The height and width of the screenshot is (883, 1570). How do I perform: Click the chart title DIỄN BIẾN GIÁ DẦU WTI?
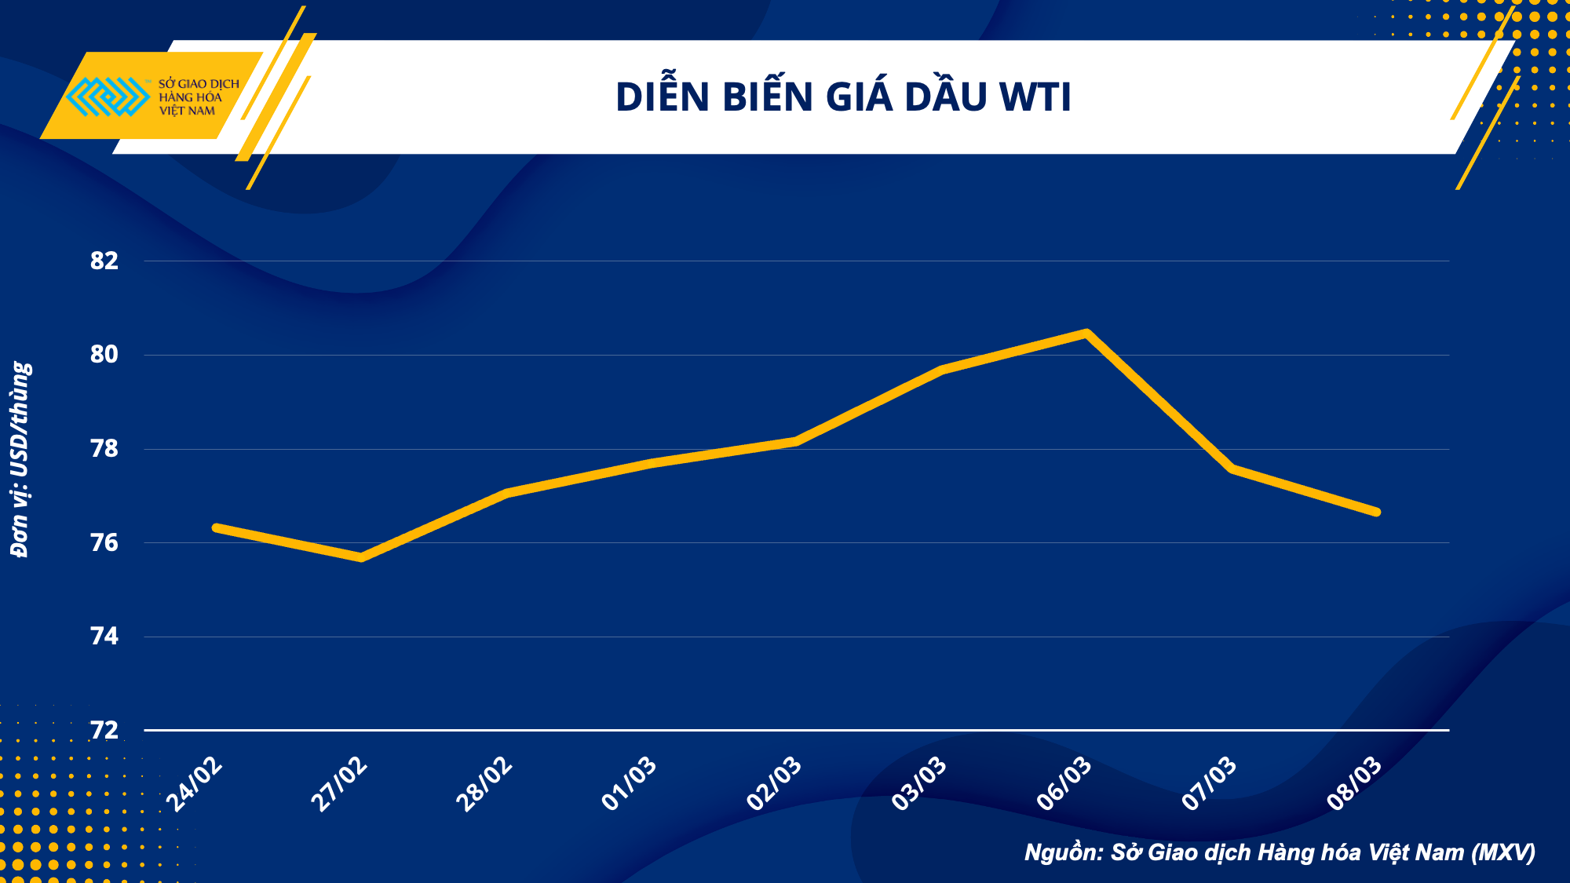point(843,97)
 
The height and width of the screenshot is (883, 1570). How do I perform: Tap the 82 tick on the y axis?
point(104,261)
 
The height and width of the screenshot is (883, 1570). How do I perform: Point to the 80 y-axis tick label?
point(104,355)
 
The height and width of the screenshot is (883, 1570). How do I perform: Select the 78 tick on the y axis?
point(104,449)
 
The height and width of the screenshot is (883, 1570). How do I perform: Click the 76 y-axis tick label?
point(104,542)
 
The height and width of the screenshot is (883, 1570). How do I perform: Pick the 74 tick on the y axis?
point(104,637)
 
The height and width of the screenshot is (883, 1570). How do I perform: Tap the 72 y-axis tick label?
point(104,731)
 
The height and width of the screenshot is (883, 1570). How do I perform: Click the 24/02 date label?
point(195,784)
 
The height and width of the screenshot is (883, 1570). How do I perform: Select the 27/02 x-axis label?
point(339,784)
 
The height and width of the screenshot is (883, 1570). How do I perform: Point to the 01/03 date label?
point(629,784)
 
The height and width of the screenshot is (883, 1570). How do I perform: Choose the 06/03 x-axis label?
point(1064,784)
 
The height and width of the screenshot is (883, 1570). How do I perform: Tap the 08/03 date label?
point(1354,784)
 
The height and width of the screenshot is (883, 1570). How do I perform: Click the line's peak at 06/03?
point(1086,334)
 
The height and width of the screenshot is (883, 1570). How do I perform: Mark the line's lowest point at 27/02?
point(361,557)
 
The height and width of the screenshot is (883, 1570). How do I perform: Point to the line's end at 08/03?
point(1376,512)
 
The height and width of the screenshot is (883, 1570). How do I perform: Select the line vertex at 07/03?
point(1232,469)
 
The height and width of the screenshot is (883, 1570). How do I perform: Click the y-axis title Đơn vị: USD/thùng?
point(20,459)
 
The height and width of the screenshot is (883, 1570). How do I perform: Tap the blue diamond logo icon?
point(108,97)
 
